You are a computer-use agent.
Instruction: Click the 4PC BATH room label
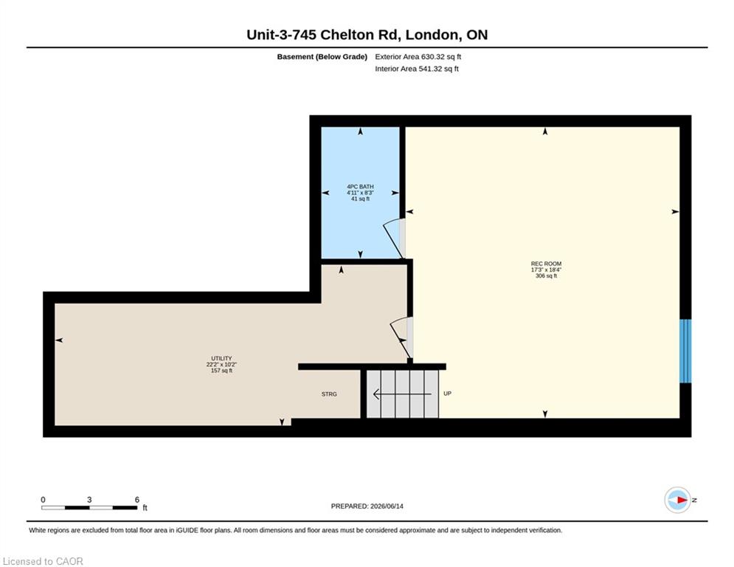360,187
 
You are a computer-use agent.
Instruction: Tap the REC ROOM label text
546,264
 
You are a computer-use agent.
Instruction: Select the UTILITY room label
221,359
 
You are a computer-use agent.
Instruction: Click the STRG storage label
329,394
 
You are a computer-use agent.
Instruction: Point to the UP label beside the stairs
448,394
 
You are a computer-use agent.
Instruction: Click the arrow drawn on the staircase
402,394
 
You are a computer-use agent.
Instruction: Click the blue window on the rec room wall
685,351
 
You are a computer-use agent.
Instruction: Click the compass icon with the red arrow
677,500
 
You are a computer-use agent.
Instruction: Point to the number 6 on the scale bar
137,500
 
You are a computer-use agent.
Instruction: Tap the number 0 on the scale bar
43,500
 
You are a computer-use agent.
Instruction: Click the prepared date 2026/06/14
387,506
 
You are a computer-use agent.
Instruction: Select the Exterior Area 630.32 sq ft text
418,57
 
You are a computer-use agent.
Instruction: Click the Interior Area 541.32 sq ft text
417,69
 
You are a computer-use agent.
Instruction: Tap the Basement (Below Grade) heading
322,57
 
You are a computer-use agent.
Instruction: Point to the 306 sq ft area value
546,276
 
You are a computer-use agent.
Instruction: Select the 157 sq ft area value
221,371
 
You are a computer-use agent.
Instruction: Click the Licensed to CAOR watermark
43,561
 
